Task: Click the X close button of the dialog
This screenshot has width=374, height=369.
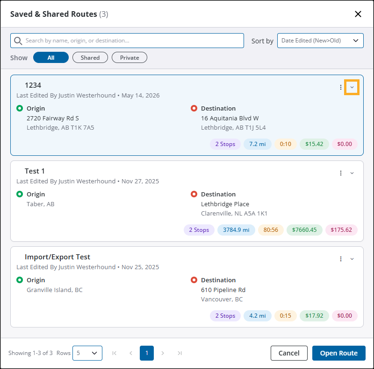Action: coord(358,14)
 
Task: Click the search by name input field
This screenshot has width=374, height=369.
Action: coord(127,41)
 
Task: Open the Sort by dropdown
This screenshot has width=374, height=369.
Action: coord(320,41)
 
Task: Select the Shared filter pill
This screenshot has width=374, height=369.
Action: coord(90,57)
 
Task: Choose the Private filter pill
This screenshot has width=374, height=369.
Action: coord(129,57)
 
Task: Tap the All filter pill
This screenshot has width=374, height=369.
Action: coord(51,57)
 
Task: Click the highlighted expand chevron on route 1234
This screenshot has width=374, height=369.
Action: coord(352,87)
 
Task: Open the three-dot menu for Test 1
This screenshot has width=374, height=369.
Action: coord(341,173)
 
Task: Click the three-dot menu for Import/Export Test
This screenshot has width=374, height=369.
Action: coord(341,259)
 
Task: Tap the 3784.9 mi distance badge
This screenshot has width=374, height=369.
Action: coord(236,230)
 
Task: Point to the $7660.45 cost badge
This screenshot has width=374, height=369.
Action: coord(304,230)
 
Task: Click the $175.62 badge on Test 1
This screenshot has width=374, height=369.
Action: coord(341,230)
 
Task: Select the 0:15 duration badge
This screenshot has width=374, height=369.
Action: coord(286,316)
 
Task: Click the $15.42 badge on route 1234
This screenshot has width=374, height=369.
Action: coord(314,144)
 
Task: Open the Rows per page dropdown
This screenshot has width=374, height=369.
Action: coord(87,353)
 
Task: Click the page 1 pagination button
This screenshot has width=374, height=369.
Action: coord(147,353)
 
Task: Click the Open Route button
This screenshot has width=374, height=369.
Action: coord(338,353)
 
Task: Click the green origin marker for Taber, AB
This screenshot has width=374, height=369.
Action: coord(20,194)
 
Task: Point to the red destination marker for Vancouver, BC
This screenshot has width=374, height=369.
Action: coord(194,280)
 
